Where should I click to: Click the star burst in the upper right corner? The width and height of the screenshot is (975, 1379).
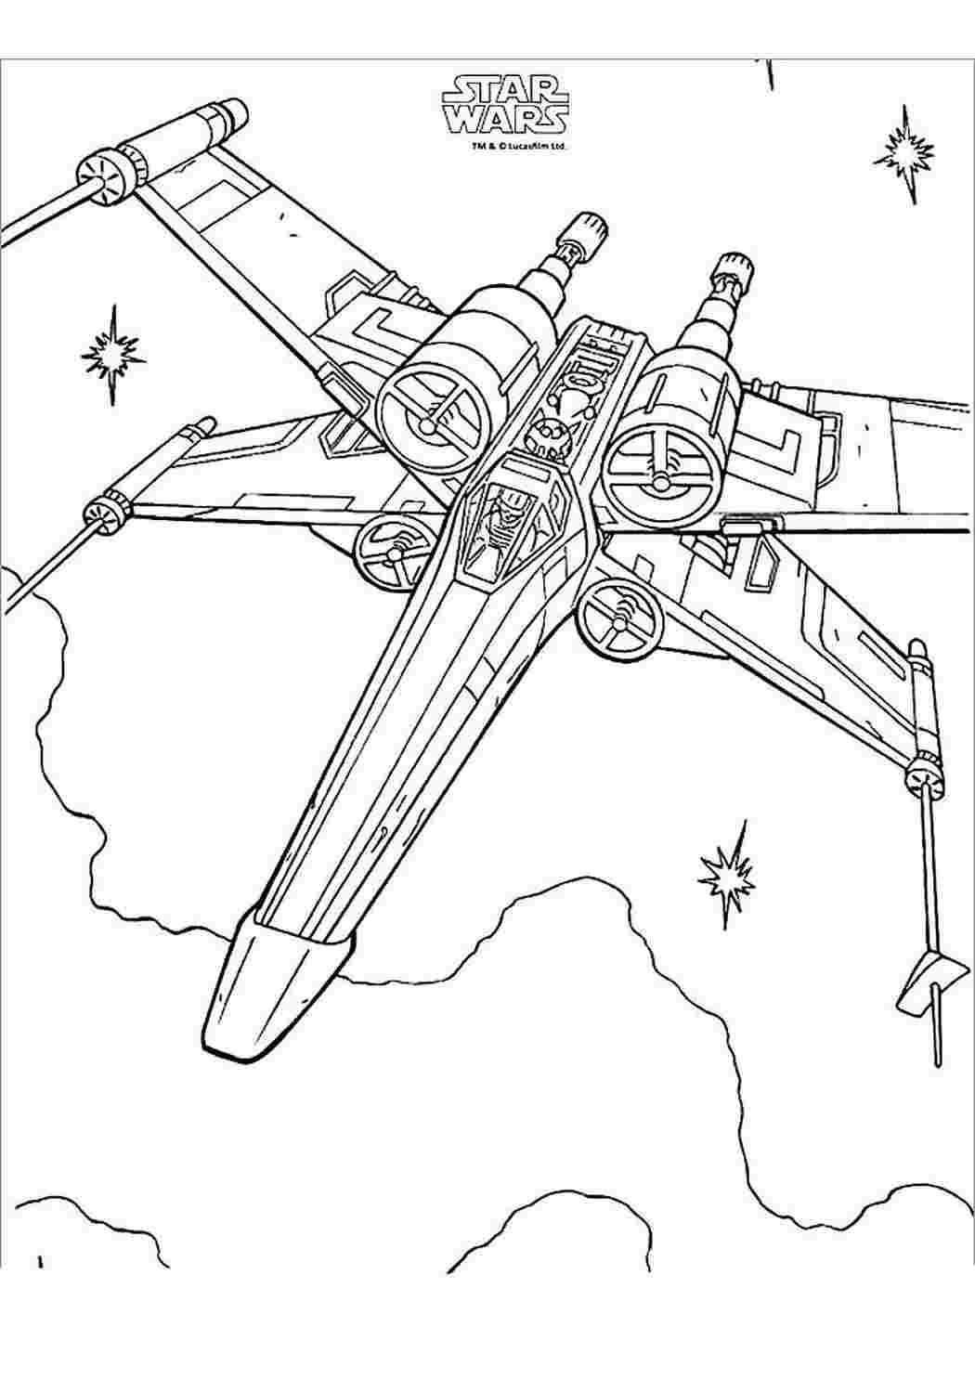[903, 154]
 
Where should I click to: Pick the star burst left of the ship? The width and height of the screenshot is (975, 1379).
[113, 356]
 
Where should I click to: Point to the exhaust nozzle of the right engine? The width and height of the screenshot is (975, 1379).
[734, 267]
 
